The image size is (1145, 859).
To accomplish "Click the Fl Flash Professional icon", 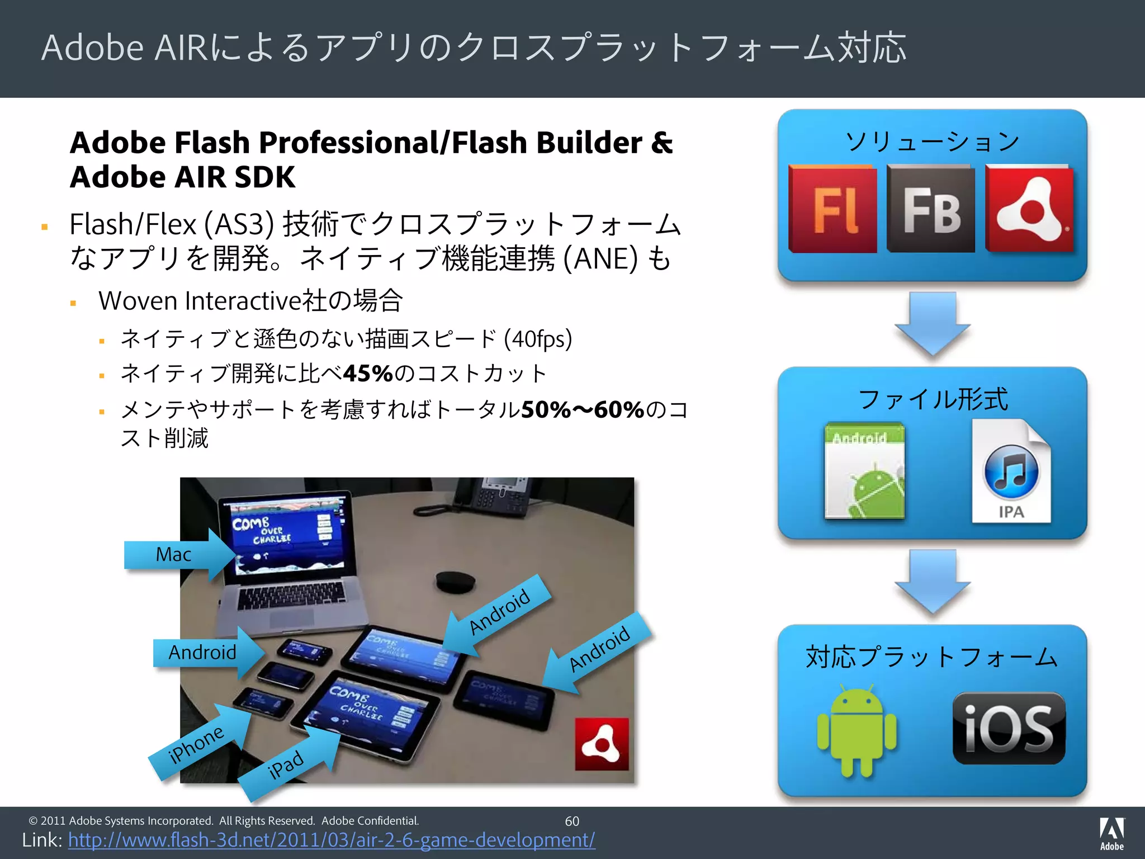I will coord(832,209).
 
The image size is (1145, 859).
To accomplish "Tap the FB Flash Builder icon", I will coord(930,209).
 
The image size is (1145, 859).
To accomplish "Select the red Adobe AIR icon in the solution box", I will coord(1029,209).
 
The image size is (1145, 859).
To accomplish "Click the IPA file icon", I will coord(1011,471).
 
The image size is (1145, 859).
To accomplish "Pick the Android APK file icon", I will coord(864,471).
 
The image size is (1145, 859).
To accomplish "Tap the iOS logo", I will coord(1009,728).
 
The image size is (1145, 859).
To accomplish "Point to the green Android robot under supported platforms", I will coord(857,730).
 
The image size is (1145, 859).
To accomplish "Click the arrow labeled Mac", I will coord(179,555).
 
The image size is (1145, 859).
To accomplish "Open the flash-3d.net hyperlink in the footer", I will coord(332,840).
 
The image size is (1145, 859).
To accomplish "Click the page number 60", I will coord(572,821).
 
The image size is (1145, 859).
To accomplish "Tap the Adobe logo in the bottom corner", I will coord(1111,833).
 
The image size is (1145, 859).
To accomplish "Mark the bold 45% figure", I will coord(368,374).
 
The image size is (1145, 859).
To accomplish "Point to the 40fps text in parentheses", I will coord(538,339).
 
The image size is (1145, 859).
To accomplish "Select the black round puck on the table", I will coord(456,582).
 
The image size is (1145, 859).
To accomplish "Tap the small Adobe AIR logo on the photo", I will coord(602,744).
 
